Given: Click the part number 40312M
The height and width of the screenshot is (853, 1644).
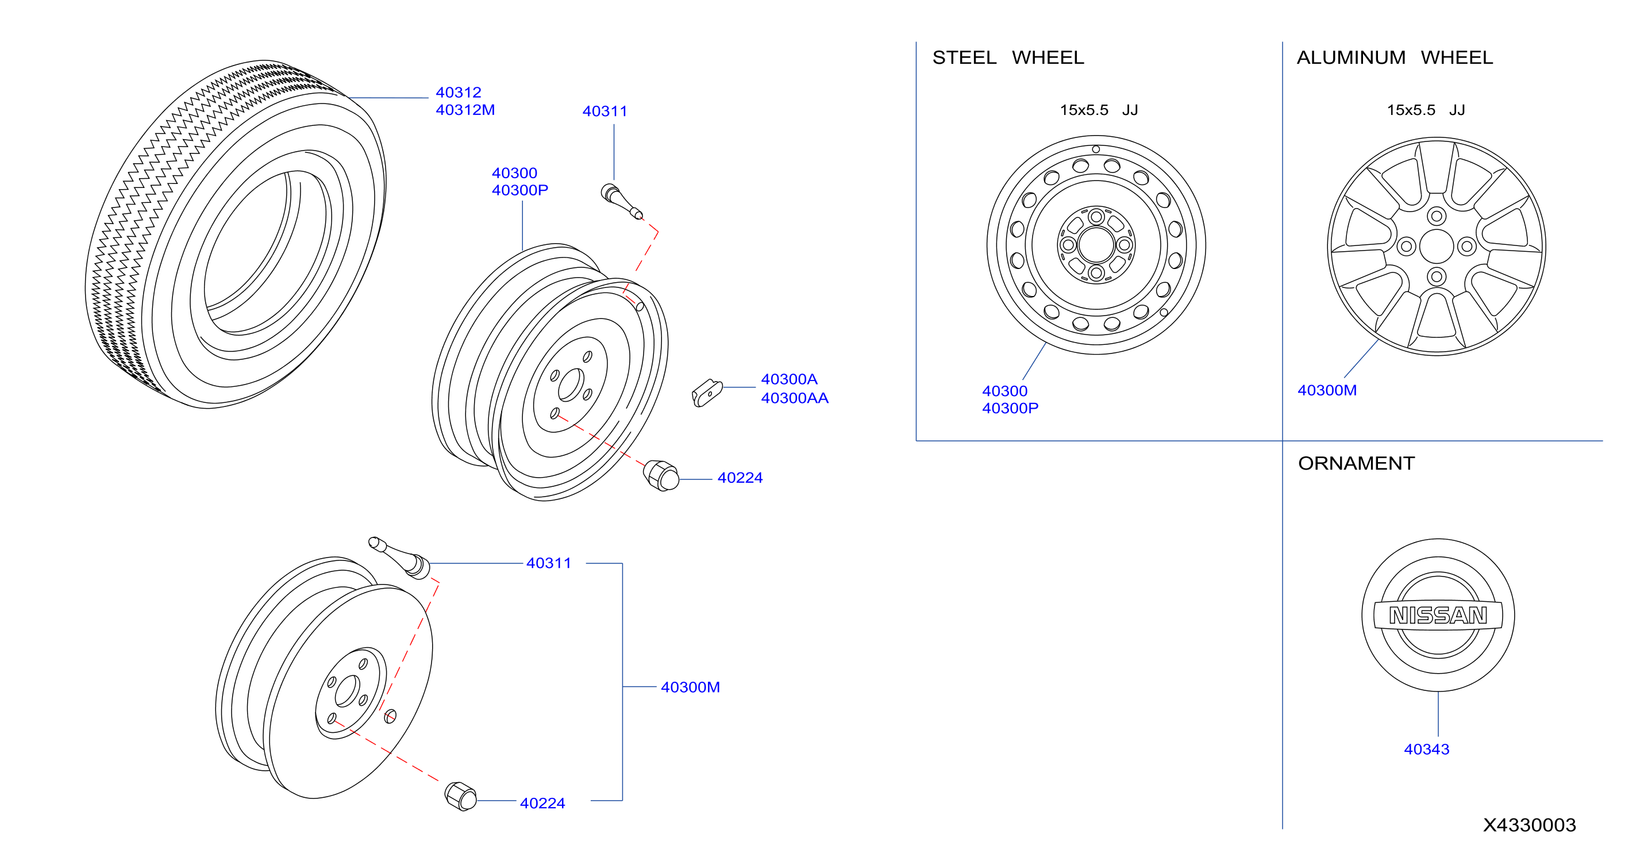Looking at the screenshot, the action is point(465,110).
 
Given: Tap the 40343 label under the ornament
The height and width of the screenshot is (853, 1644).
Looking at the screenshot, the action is point(1426,749).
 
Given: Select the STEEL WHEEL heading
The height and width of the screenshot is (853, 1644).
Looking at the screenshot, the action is point(1008,57).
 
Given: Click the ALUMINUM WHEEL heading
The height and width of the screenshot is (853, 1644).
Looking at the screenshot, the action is point(1395,57).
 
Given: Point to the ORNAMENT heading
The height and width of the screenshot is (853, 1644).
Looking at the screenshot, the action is point(1357,463).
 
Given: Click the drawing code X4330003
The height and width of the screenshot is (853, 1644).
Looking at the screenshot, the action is point(1530,825).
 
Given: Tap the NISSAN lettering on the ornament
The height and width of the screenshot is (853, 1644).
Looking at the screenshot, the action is point(1438,615).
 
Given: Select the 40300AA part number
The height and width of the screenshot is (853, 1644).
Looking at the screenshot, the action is point(795,398).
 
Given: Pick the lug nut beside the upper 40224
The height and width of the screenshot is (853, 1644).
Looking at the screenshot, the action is point(661,476).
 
